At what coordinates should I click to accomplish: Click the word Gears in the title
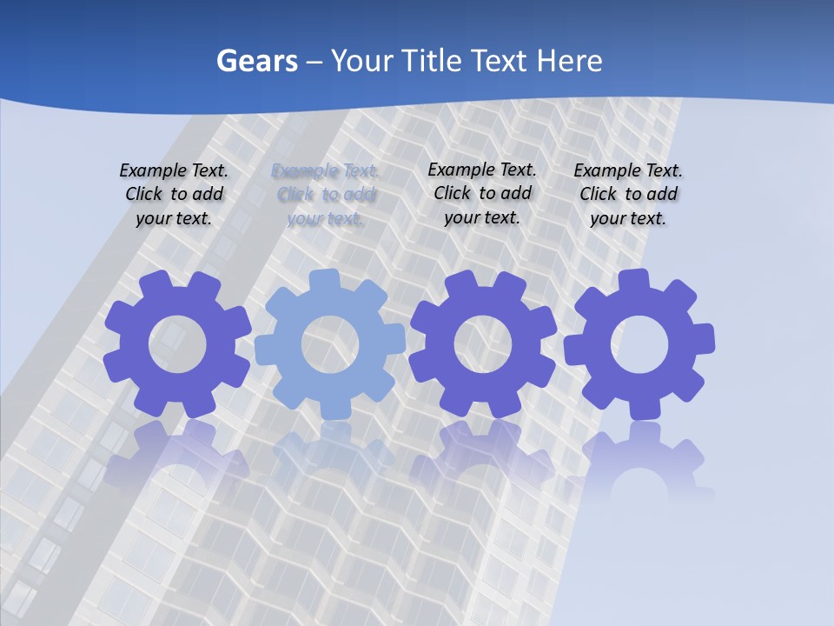click(256, 61)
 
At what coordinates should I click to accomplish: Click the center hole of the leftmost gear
click(177, 344)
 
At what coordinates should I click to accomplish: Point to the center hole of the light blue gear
click(330, 344)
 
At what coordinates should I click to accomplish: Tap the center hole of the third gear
click(483, 344)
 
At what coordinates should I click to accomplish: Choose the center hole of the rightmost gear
click(639, 344)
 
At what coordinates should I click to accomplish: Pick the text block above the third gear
click(482, 193)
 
